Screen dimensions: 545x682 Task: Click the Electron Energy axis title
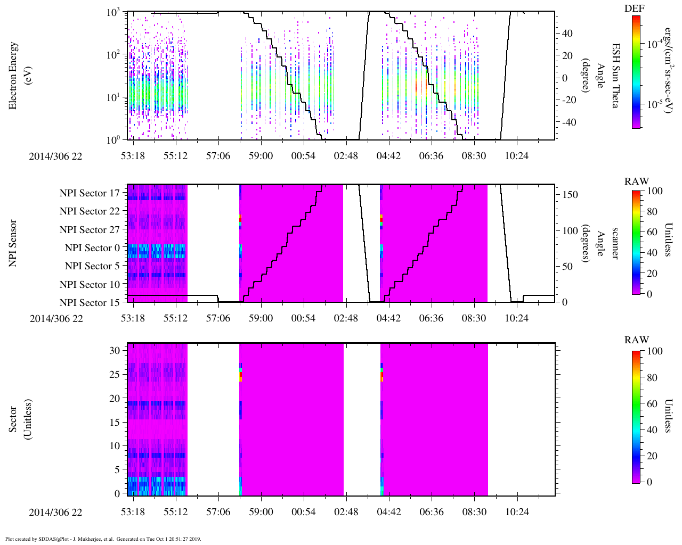[x=13, y=76]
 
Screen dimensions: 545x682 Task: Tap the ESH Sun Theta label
[x=614, y=76]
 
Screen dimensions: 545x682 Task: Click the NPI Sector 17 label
[x=90, y=193]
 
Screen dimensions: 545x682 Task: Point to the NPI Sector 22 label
[x=90, y=211]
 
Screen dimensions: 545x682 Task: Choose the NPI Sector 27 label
[x=90, y=230]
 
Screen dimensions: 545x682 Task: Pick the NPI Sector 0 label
[x=92, y=248]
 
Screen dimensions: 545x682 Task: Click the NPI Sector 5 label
[x=92, y=266]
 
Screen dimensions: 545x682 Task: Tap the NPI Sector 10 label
[x=90, y=285]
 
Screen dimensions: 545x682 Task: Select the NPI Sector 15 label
[x=90, y=303]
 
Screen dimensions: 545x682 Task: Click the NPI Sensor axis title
[x=13, y=243]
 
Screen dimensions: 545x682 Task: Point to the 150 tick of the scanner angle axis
[x=570, y=195]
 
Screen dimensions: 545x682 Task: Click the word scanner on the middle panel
[x=614, y=243]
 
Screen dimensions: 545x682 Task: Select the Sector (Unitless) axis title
[x=20, y=419]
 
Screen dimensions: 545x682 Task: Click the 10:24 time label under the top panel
[x=517, y=155]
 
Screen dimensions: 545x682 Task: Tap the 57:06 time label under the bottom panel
[x=218, y=512]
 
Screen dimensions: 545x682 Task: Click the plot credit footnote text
[x=103, y=539]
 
